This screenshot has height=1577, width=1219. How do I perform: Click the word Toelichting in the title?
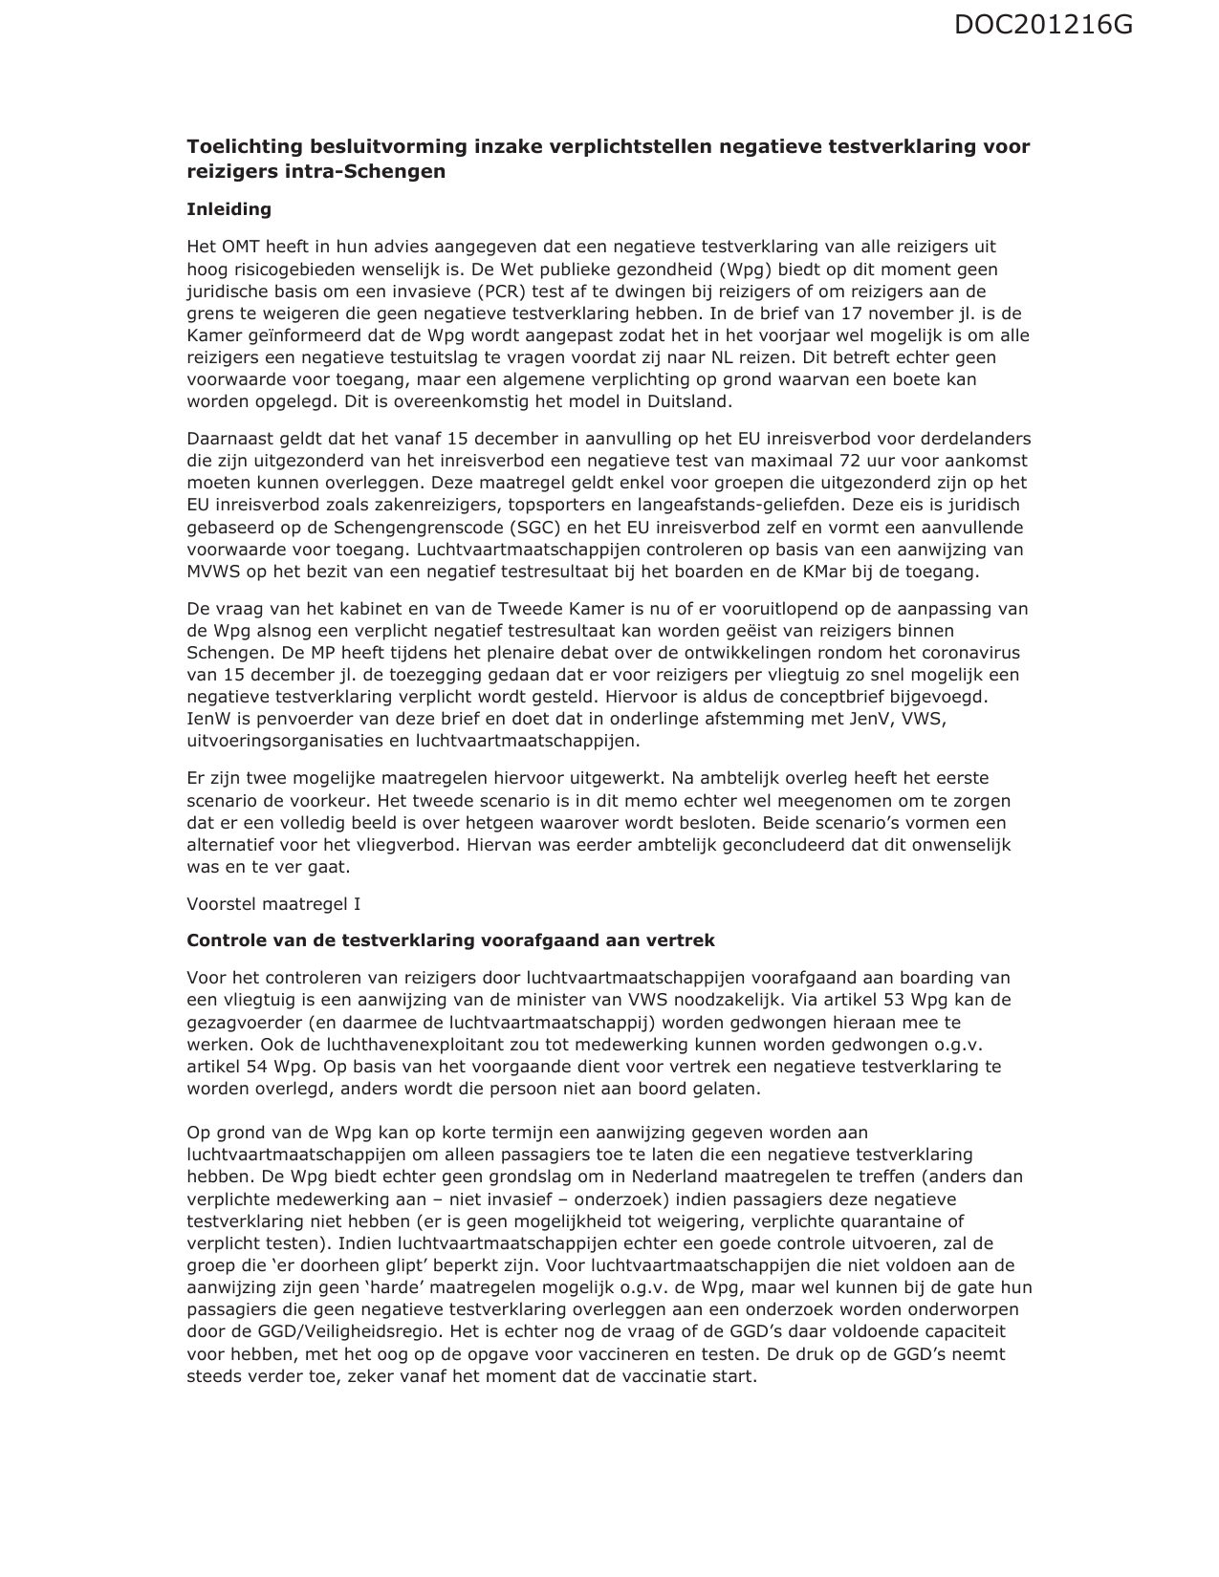click(243, 147)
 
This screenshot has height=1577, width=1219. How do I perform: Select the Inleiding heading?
click(229, 209)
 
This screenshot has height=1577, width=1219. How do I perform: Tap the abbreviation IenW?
click(206, 719)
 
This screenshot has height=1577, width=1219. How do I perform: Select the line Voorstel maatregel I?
click(273, 904)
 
